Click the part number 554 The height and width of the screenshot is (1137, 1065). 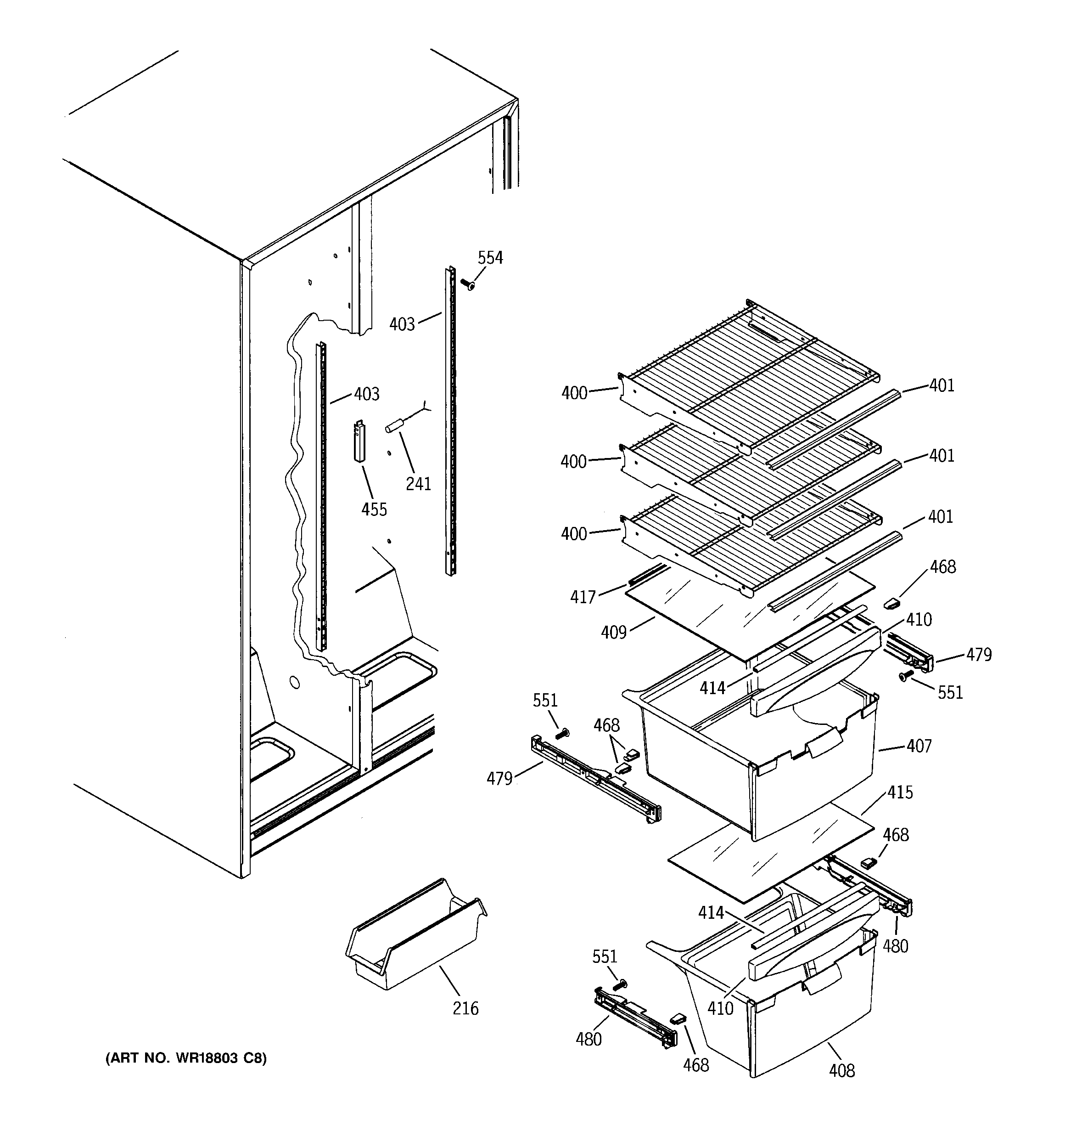490,258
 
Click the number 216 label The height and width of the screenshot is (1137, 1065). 465,1008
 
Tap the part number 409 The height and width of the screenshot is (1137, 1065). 613,632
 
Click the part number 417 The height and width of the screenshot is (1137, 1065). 583,597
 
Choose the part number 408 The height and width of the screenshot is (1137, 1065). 841,1070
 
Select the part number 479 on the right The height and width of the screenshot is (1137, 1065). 979,654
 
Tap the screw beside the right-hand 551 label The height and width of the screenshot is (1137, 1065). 904,677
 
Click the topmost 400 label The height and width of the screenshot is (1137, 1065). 574,393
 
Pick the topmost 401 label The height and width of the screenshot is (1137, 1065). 942,385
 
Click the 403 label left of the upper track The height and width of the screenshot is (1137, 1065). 402,324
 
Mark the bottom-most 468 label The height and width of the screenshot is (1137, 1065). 696,1065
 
